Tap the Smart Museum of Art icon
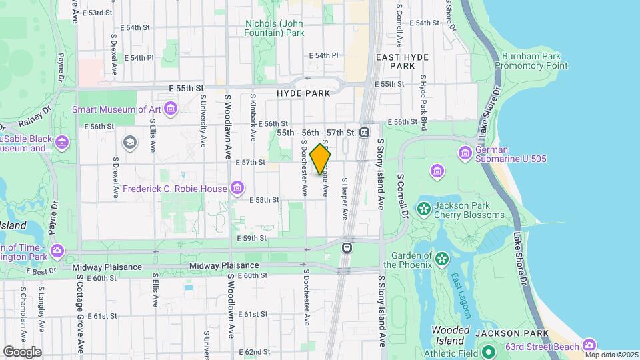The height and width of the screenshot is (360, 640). [171, 109]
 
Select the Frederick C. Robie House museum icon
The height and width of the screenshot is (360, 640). [237, 189]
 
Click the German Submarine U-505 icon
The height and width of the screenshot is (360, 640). [465, 154]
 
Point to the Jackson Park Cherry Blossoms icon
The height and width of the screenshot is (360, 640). [423, 209]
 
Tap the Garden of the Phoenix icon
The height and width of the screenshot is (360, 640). [442, 257]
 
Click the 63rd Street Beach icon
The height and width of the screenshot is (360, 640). [589, 345]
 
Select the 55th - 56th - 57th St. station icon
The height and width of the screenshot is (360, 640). [364, 133]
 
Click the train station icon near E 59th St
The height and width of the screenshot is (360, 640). [347, 247]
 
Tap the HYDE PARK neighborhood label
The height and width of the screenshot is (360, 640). [303, 94]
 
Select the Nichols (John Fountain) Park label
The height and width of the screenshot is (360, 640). [275, 27]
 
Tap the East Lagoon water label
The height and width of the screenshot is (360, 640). [461, 286]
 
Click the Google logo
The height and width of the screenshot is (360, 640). [22, 351]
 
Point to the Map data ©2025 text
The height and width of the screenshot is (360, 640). [611, 354]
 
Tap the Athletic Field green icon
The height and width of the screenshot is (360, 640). [489, 352]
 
